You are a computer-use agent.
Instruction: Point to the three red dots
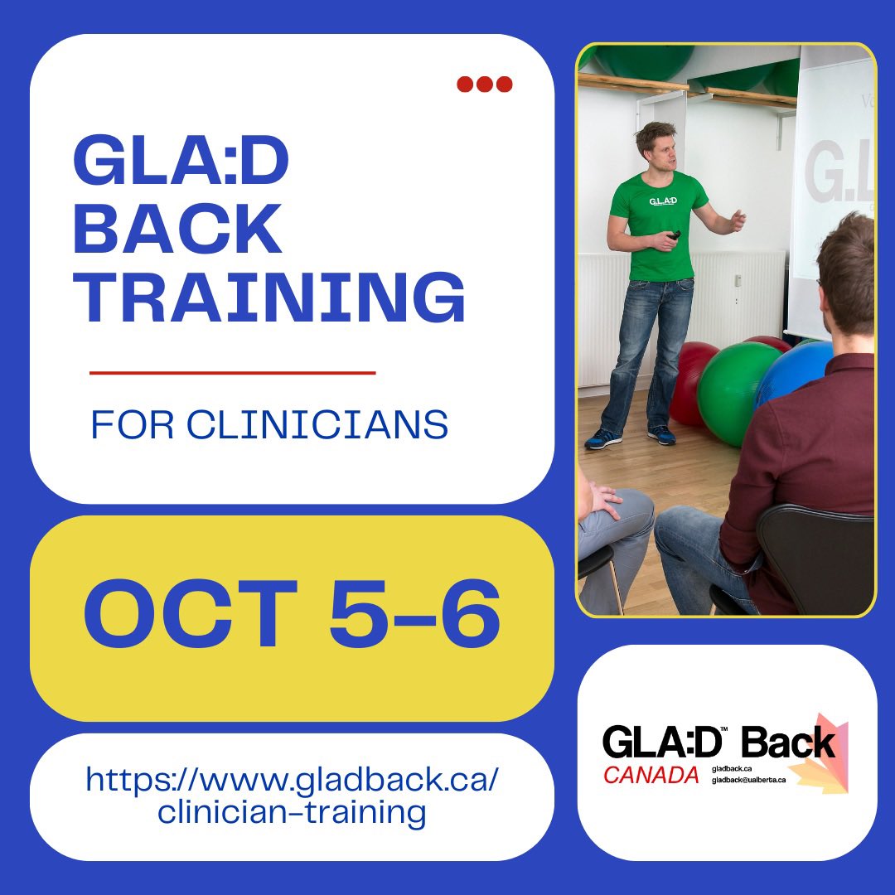click(485, 84)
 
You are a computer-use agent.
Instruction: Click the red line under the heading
click(232, 373)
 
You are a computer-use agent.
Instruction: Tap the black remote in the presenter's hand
click(675, 235)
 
